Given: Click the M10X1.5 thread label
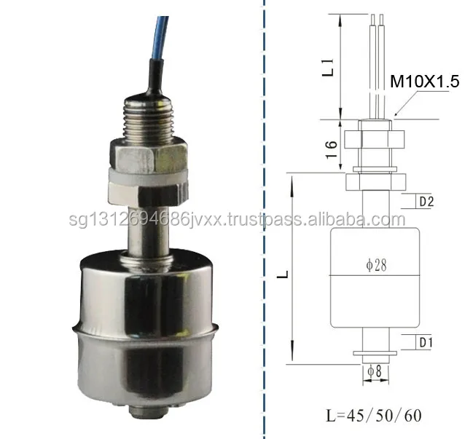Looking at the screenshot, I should click(x=425, y=82).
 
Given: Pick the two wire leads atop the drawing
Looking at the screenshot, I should click(x=376, y=58).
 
